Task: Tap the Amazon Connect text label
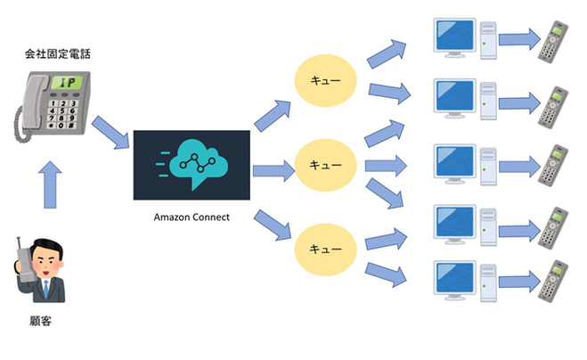click(x=192, y=216)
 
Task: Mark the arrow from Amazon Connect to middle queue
click(x=273, y=168)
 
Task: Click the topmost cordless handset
click(x=555, y=40)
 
